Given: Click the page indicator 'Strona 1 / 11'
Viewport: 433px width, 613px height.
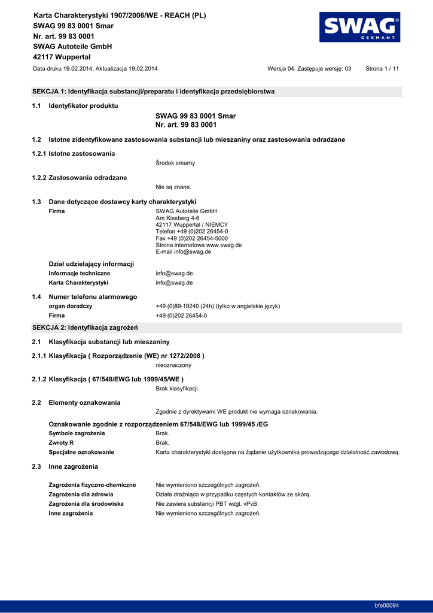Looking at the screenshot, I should (382, 69).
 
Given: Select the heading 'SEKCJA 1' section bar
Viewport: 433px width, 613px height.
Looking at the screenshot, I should (216, 92).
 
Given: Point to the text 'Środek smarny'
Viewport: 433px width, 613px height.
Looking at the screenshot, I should (175, 163).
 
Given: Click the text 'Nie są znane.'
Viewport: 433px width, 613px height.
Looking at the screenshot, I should (173, 187).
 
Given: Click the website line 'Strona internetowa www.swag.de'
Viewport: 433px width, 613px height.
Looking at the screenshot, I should (199, 245).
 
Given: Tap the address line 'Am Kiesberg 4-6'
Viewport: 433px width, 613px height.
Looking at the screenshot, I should (177, 218).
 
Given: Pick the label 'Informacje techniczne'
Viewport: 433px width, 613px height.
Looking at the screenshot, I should (79, 273).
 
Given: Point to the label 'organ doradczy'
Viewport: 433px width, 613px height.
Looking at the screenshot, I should (70, 306).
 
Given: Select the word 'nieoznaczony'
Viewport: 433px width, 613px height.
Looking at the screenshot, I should (173, 365).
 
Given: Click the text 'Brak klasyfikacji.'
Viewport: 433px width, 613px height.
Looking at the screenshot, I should (178, 389).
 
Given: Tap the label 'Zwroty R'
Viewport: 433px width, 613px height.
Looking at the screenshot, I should (61, 442).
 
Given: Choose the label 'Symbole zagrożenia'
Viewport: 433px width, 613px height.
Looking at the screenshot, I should (77, 433).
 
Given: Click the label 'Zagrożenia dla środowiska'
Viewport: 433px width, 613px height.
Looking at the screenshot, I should (86, 503).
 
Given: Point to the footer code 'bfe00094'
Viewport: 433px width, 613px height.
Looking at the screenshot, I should (386, 605).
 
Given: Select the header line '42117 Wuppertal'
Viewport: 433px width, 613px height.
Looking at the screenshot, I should (62, 57).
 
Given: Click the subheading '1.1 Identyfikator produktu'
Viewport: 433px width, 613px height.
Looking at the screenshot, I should (83, 106).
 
